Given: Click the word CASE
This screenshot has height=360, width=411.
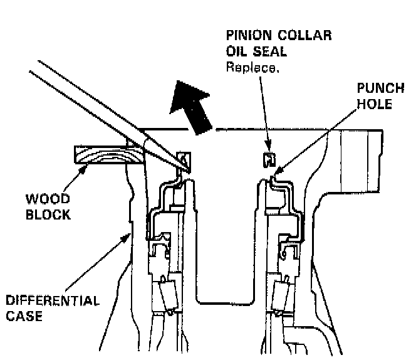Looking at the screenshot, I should coord(24,316).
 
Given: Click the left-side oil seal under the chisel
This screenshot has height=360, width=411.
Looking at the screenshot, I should coord(182,161).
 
